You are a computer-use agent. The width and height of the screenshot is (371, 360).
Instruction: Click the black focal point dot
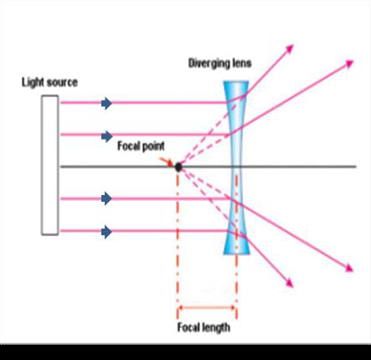[178, 167]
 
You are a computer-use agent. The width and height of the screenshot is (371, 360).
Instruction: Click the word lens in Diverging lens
[242, 63]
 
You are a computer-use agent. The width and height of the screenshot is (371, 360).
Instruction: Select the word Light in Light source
[33, 83]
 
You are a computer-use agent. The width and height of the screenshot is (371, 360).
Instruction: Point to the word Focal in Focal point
[128, 146]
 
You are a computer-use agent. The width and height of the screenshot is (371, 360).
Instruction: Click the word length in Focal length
[216, 327]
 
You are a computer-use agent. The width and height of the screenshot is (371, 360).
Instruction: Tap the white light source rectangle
[50, 165]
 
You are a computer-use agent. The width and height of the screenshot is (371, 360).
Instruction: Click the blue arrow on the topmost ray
[106, 103]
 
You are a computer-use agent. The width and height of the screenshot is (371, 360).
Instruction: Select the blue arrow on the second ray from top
[106, 136]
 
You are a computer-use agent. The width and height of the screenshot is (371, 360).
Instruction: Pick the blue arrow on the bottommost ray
[106, 232]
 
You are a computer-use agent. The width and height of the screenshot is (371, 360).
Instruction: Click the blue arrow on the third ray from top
[106, 198]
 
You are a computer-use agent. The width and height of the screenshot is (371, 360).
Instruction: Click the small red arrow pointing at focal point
[167, 162]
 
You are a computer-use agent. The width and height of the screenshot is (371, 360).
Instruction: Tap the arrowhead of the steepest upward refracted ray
[290, 49]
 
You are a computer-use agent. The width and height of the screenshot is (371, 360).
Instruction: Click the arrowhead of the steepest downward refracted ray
[290, 283]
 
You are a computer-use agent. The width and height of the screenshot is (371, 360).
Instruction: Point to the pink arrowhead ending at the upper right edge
[350, 64]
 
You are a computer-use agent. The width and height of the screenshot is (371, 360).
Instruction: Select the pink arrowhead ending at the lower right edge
[349, 268]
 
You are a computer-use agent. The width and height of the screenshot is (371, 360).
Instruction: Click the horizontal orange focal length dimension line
[207, 308]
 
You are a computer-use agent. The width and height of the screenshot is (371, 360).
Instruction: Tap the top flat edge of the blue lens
[236, 82]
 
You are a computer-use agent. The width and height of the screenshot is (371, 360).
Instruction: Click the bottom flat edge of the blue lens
[236, 254]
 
